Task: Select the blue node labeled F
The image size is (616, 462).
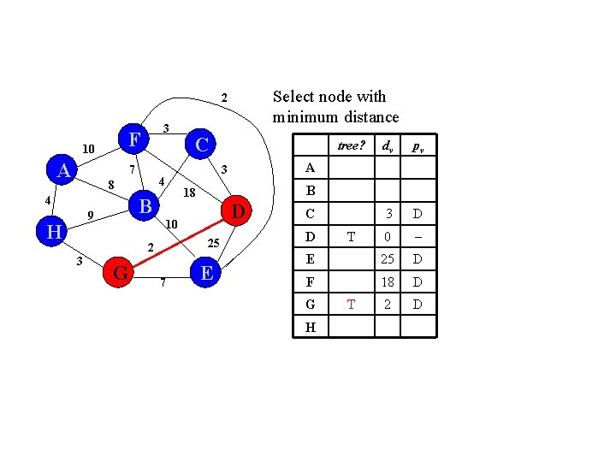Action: (x=133, y=139)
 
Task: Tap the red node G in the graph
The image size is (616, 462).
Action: (x=121, y=274)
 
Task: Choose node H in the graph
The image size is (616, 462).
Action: (x=53, y=231)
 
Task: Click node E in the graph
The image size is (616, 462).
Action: (x=205, y=273)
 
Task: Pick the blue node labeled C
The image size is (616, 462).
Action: (x=201, y=145)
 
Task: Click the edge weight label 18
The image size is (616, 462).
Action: (x=190, y=193)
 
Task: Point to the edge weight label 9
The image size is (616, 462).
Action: (x=90, y=214)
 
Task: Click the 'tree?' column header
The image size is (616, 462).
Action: (x=348, y=145)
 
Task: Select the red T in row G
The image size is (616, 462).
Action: (x=351, y=305)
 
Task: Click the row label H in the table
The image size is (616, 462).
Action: (x=310, y=327)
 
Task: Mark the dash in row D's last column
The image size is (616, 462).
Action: (x=418, y=236)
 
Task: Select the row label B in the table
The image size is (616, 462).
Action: (x=310, y=191)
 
